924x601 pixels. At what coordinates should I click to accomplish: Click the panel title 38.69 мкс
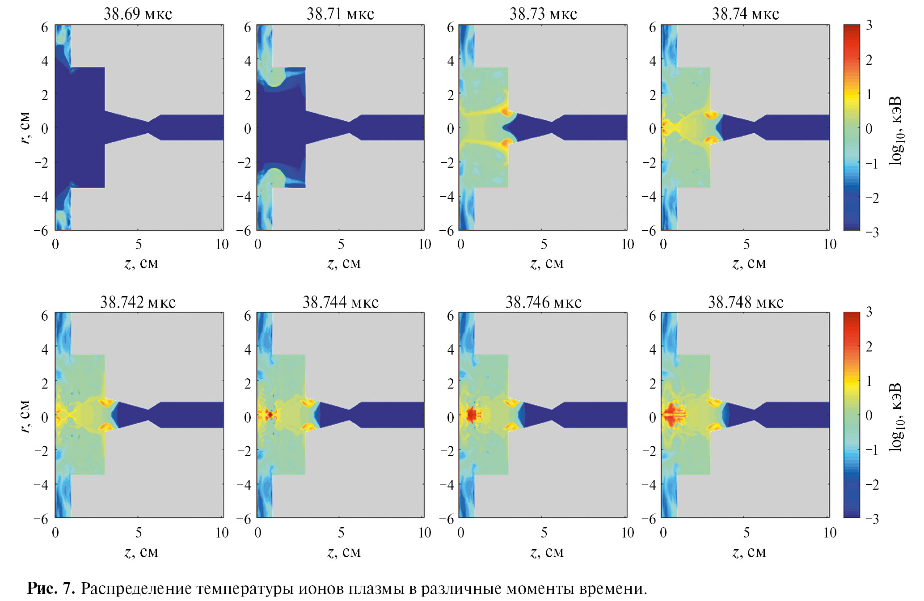coord(138,14)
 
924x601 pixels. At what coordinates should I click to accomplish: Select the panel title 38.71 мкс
coord(340,14)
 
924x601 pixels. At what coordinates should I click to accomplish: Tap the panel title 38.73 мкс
coord(543,14)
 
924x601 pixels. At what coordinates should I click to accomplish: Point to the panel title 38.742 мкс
coord(138,303)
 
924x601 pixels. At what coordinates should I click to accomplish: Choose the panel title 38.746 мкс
coord(543,303)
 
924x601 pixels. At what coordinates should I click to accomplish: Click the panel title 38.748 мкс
coord(746,303)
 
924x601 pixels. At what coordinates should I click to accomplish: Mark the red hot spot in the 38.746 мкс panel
coord(471,415)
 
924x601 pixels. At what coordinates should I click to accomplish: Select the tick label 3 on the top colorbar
coord(869,25)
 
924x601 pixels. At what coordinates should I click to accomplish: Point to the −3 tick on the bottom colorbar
coord(872,519)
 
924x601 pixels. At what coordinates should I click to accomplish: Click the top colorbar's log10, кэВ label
coord(895,131)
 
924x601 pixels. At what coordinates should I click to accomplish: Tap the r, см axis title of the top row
coord(25,128)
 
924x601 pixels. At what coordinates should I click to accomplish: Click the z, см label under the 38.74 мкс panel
coord(749,264)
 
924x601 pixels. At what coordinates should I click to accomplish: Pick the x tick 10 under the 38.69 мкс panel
coord(222,244)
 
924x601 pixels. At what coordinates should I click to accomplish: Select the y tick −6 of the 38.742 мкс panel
coord(41,519)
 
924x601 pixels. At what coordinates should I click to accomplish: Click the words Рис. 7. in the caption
coord(51,588)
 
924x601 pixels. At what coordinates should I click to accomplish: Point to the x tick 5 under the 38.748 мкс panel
coord(746,533)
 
